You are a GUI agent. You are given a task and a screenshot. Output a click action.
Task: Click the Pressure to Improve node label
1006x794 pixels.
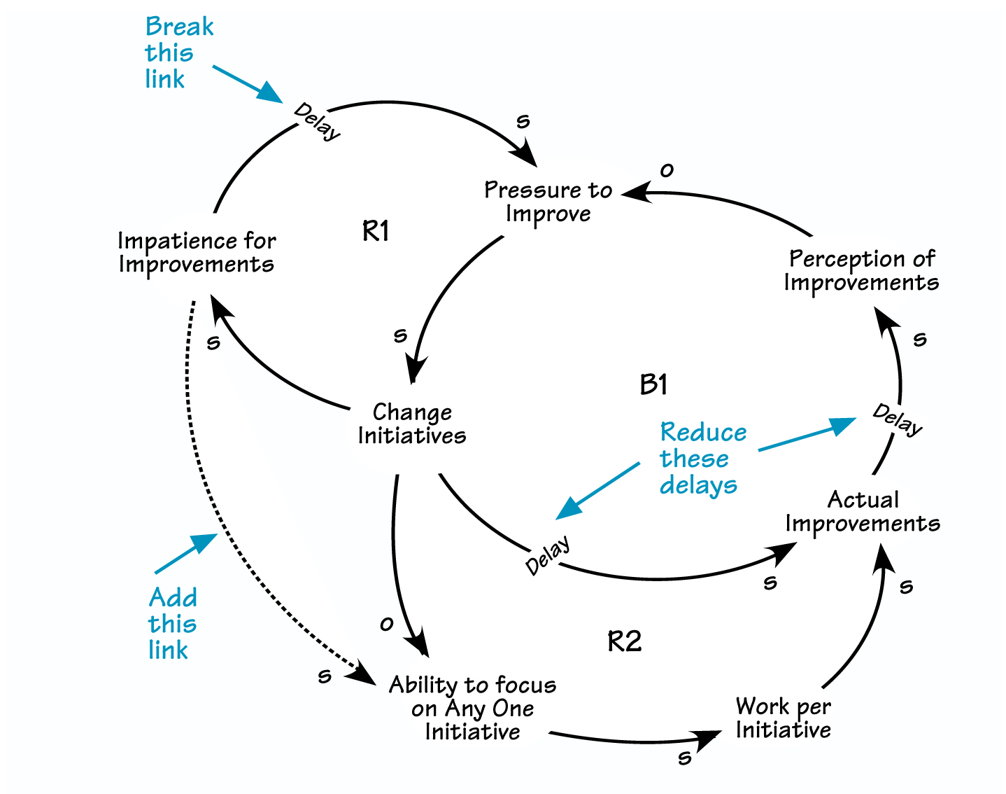[548, 202]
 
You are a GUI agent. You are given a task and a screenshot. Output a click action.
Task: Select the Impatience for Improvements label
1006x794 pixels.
[197, 253]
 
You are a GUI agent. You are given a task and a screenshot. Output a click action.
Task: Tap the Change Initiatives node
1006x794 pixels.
[412, 424]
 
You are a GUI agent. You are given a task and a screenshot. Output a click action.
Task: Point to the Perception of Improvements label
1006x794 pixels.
[861, 270]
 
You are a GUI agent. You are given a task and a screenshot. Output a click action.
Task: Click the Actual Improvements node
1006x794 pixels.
[863, 512]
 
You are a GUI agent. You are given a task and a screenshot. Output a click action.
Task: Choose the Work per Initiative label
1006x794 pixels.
[783, 718]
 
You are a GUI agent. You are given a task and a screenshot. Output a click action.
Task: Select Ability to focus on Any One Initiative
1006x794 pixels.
[473, 708]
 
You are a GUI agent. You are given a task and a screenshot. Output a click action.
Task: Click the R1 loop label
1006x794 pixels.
[376, 231]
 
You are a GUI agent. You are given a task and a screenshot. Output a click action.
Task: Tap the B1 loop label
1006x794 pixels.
[653, 384]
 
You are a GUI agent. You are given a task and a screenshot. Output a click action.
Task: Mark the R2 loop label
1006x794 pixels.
[624, 641]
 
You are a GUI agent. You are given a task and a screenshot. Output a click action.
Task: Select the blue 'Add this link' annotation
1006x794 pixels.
[172, 623]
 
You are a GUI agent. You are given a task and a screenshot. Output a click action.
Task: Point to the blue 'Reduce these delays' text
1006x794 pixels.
[702, 459]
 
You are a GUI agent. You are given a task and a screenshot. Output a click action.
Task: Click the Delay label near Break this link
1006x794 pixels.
[318, 122]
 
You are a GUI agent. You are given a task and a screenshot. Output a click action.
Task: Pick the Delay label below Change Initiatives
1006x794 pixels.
[548, 555]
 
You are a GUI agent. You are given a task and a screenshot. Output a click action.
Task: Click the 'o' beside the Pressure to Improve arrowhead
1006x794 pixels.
[667, 170]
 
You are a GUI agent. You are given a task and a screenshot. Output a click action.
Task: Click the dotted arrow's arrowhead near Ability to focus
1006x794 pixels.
[364, 674]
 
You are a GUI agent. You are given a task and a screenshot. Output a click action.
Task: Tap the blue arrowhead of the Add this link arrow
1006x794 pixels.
[206, 541]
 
